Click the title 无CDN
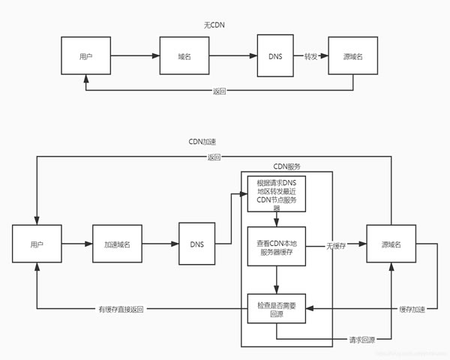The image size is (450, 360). coord(213,25)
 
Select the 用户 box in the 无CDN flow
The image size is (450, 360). coord(86,56)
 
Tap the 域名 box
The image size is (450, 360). coord(183,56)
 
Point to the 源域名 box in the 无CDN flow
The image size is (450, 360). coord(352,56)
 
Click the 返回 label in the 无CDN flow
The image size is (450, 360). coord(219,91)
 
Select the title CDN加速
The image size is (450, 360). coord(203,141)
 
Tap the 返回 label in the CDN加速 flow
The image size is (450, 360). coord(214,157)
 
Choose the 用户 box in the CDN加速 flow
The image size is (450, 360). coord(35,244)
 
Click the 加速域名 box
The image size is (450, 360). coord(117,244)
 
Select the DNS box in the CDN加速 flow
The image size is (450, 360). coord(196,244)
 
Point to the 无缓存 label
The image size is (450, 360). coord(336,245)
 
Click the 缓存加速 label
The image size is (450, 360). coord(412,309)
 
